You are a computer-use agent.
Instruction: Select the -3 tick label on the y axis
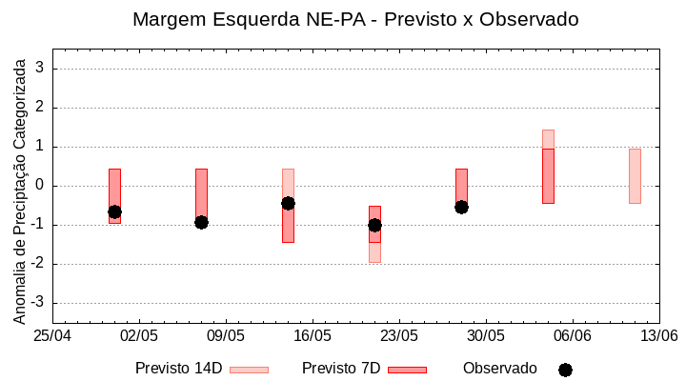click(x=38, y=303)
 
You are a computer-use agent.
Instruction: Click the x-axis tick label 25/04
click(x=52, y=336)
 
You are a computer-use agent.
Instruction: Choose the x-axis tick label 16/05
click(x=313, y=336)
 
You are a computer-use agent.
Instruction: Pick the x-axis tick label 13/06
click(x=658, y=336)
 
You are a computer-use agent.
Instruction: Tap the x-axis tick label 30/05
click(x=486, y=336)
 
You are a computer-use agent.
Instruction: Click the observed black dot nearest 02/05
click(x=114, y=211)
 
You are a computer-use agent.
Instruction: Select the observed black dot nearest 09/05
click(x=201, y=222)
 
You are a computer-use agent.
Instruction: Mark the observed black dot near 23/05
click(x=374, y=225)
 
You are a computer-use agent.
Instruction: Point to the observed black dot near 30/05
click(x=461, y=207)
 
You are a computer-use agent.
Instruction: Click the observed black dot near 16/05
click(x=288, y=203)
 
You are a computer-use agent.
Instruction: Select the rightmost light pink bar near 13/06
click(x=635, y=176)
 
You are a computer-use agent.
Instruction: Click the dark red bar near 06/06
click(x=548, y=176)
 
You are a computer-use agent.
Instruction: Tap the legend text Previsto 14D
click(x=178, y=369)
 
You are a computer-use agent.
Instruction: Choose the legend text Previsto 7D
click(x=340, y=369)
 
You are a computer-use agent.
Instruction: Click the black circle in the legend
click(x=565, y=370)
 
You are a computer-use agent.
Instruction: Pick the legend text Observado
click(x=499, y=369)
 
